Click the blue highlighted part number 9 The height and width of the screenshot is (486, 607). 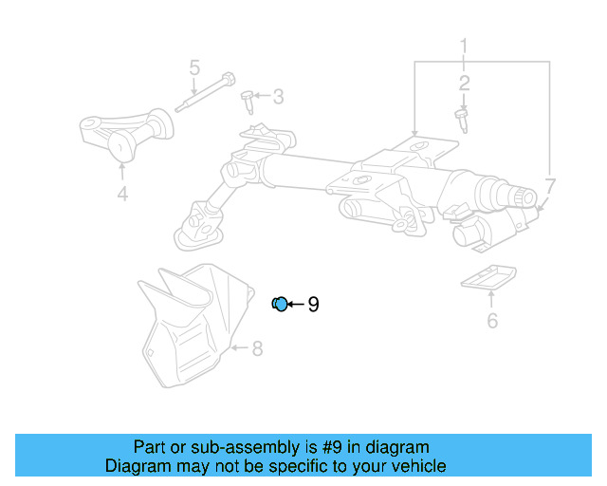coord(280,304)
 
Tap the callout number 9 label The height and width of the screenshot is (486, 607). coord(313,305)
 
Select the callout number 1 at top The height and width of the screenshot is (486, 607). coord(465,45)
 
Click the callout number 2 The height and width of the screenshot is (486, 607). coord(465,84)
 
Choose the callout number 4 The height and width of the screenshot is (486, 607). coord(121,196)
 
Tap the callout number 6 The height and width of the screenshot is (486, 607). coord(492,321)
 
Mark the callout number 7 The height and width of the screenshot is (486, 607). coord(550,185)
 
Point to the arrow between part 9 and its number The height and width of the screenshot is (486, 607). coord(296,305)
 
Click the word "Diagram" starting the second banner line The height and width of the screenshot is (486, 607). coord(135,466)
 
